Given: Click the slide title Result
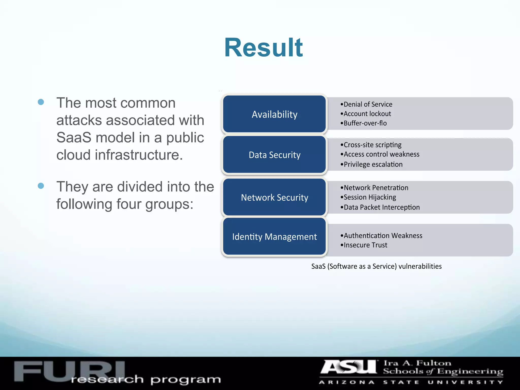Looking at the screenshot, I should (x=263, y=48).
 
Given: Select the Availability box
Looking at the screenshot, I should (x=274, y=114).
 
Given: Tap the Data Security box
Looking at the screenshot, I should (x=274, y=155).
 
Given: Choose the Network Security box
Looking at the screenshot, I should (x=274, y=197).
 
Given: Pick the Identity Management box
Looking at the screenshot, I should (x=274, y=236).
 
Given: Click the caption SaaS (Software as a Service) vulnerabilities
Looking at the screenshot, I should (x=376, y=266).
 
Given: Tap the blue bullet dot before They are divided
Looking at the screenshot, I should (x=41, y=186).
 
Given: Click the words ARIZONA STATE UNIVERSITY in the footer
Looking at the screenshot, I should (x=411, y=382).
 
